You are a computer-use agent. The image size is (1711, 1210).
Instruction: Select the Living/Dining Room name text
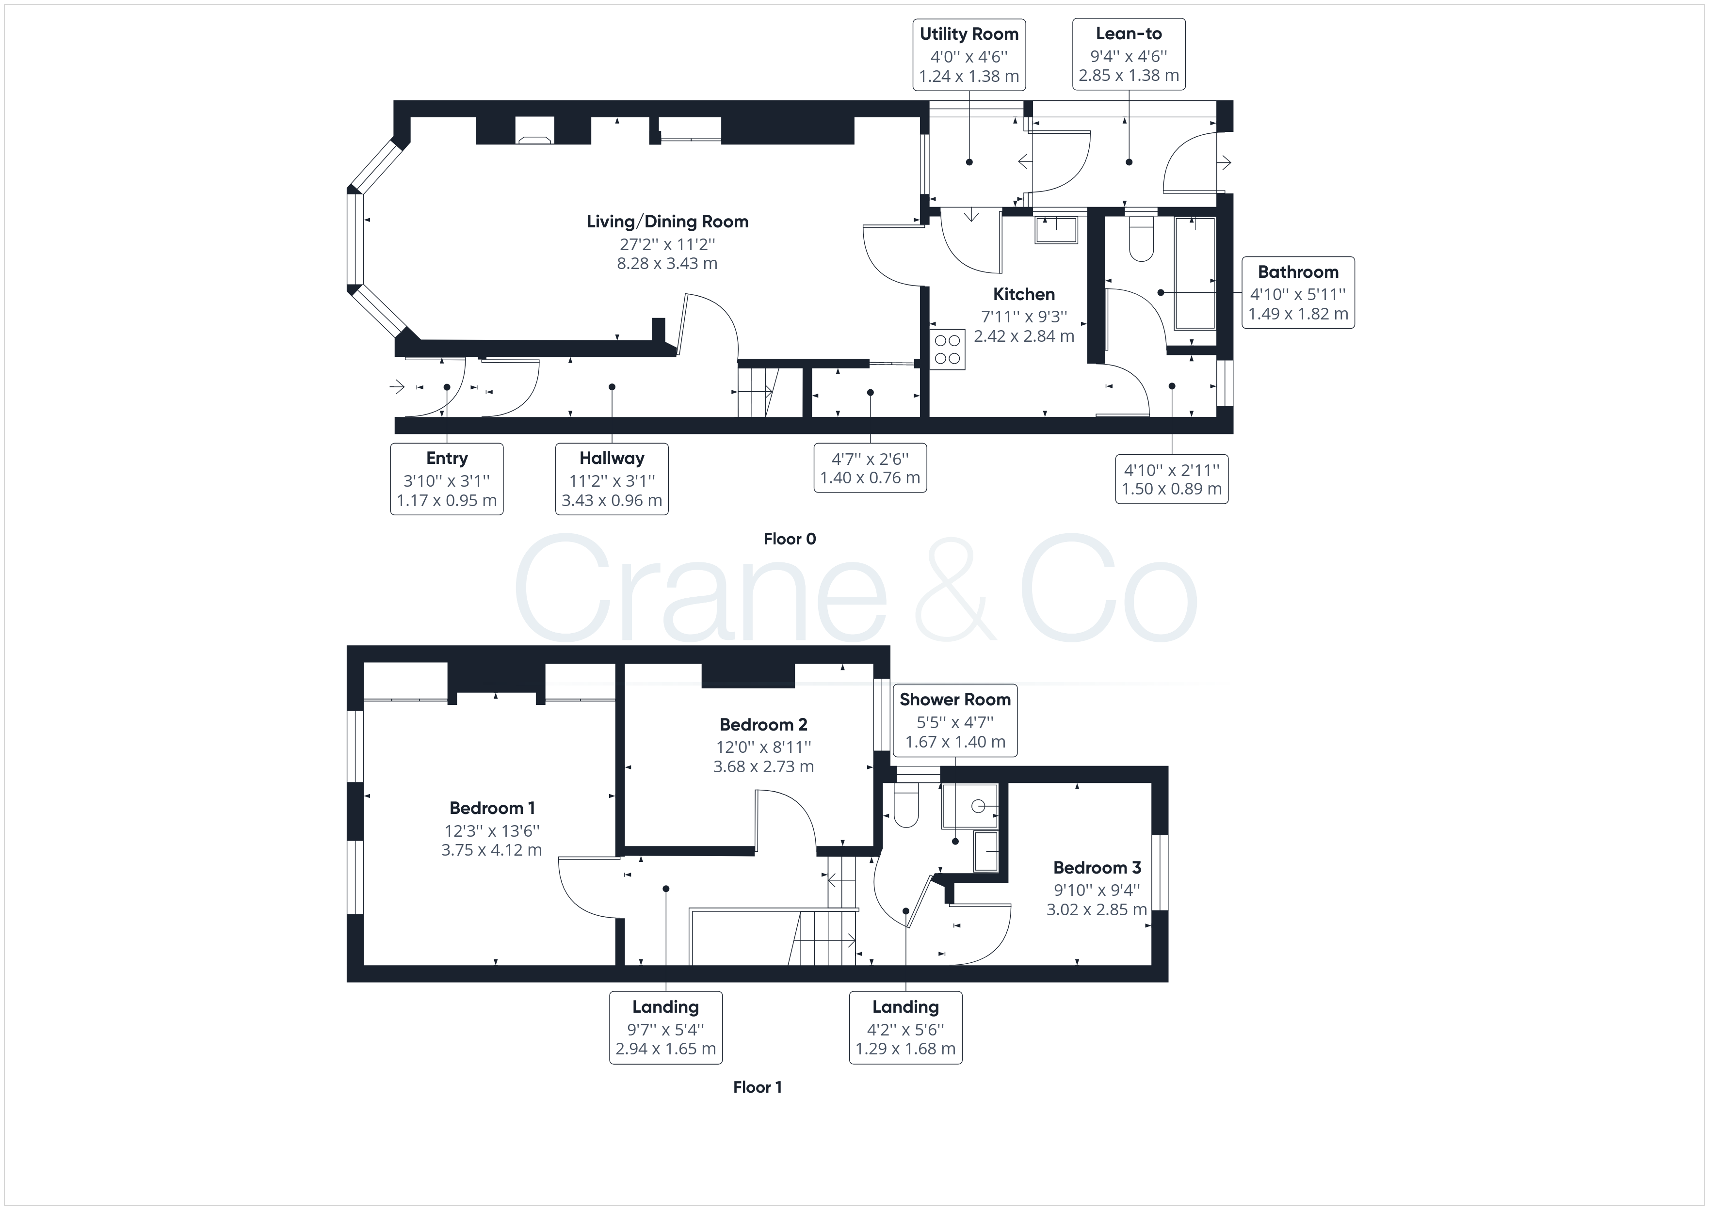(x=667, y=221)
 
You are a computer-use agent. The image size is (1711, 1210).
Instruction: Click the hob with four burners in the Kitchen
(x=947, y=350)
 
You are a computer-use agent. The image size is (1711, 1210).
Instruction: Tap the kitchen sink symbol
(x=1057, y=230)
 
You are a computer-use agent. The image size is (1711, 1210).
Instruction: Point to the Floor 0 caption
(x=790, y=539)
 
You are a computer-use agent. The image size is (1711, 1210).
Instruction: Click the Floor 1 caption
(x=757, y=1087)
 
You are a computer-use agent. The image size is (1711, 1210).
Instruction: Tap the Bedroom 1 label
(x=492, y=808)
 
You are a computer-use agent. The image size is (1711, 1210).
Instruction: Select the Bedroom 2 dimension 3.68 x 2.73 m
(x=763, y=767)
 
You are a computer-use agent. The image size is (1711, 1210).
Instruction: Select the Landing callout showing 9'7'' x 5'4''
(x=665, y=1027)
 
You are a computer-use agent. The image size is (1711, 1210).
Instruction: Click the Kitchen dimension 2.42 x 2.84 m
(x=1024, y=336)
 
